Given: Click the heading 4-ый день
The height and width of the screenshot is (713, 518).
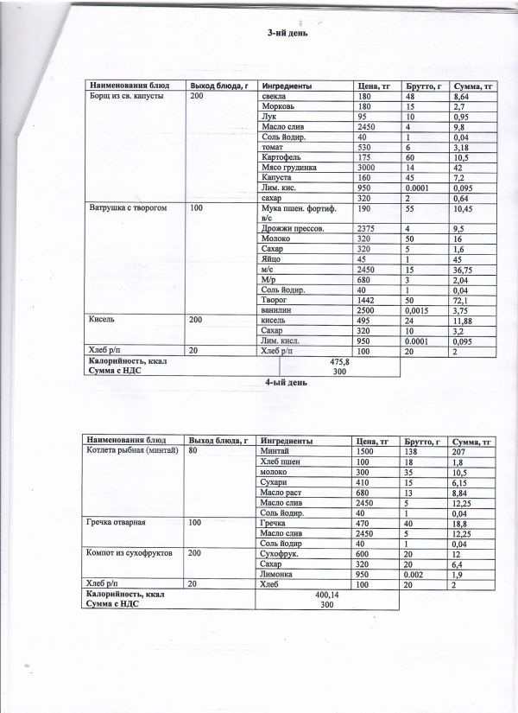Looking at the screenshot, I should point(283,381).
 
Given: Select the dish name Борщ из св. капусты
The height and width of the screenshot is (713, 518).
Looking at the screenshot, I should point(119,97).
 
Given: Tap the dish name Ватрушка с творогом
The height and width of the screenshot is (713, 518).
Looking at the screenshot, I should point(122,208).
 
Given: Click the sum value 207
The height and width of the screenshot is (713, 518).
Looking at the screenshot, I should point(460,450).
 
